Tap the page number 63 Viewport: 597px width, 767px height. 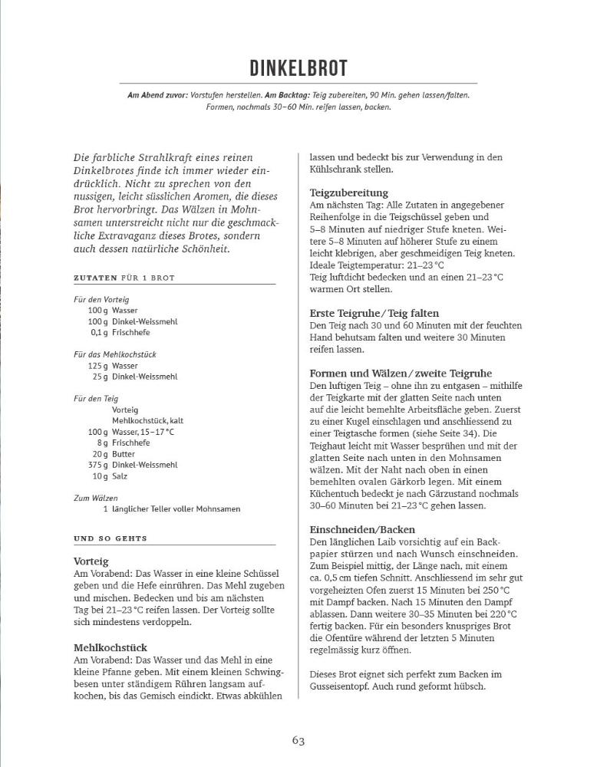point(298,740)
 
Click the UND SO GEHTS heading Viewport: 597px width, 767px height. point(110,538)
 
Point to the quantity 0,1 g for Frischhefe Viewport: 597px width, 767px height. point(98,332)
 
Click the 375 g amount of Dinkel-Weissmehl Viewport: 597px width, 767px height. point(97,465)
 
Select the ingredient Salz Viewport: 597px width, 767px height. point(120,476)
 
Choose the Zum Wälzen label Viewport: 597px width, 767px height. point(91,498)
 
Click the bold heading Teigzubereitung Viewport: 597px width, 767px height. point(349,193)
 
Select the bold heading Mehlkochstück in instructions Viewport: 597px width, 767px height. point(110,647)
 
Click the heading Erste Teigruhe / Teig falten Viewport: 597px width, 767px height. point(374,313)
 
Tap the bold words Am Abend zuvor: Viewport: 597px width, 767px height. point(158,95)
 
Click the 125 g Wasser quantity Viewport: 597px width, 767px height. point(97,366)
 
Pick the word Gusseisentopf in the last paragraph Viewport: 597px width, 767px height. point(344,686)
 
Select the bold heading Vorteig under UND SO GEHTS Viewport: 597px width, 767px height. point(91,561)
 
